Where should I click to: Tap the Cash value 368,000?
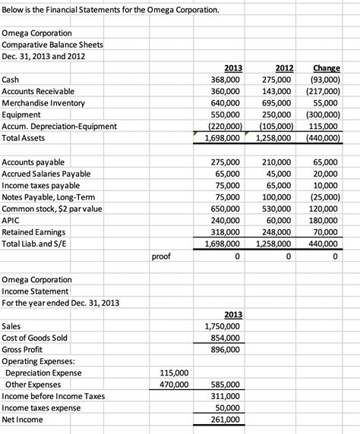pyautogui.click(x=225, y=80)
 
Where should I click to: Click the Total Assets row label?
pyautogui.click(x=24, y=138)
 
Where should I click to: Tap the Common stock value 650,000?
pyautogui.click(x=225, y=209)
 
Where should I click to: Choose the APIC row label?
pyautogui.click(x=11, y=220)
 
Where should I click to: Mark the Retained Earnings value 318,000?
pyautogui.click(x=225, y=232)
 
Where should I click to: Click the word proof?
pyautogui.click(x=162, y=256)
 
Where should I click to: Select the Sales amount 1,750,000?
pyautogui.click(x=223, y=326)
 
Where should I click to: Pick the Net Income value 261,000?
pyautogui.click(x=225, y=420)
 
